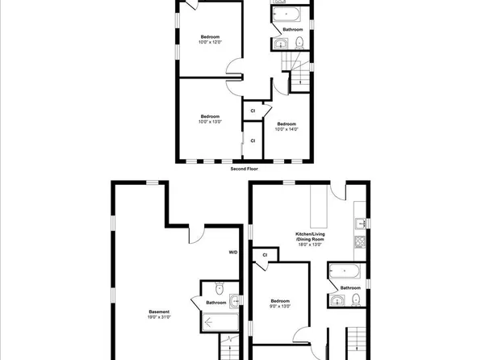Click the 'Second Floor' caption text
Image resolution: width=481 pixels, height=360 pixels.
tap(243, 169)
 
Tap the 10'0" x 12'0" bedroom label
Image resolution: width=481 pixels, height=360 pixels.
tap(211, 39)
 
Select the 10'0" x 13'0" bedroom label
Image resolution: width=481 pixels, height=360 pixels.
tap(211, 119)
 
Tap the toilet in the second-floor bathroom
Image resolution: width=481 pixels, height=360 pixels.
tap(299, 43)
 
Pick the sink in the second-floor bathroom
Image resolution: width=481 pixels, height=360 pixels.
tap(281, 44)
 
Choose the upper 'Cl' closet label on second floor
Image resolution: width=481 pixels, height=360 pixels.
tap(253, 111)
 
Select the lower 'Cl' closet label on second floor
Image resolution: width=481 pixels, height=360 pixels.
tap(253, 140)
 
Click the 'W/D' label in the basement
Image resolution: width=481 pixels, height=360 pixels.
tap(233, 253)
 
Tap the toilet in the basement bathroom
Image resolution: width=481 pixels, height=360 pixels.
tap(219, 290)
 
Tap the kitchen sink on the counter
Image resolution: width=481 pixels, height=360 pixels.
tap(361, 222)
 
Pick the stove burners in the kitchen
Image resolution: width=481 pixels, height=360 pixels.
tap(361, 241)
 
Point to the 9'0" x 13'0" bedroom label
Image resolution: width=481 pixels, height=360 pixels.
tap(279, 303)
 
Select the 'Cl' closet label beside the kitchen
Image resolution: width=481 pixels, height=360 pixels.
tap(264, 255)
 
